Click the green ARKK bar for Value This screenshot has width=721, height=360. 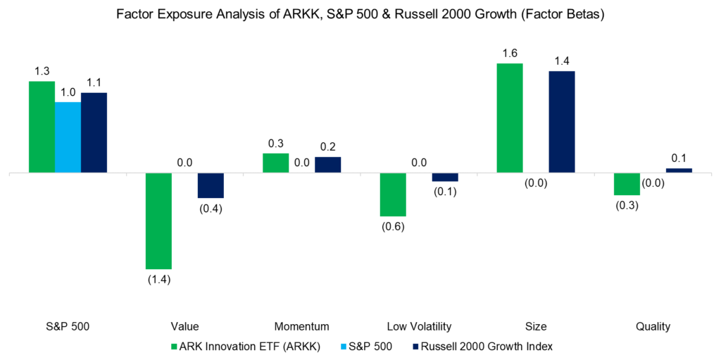158,221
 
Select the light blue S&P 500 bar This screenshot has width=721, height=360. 68,137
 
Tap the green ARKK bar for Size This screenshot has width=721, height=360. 510,118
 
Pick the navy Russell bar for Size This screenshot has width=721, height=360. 562,122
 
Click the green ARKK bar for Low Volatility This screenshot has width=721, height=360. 392,194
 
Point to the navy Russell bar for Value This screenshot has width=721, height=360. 211,185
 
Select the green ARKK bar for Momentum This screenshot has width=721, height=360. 275,163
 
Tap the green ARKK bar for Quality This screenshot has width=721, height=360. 627,184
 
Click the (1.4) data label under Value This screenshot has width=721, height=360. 158,280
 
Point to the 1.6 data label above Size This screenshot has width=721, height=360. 510,53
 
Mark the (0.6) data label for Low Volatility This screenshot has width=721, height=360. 392,226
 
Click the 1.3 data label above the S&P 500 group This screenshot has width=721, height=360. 42,70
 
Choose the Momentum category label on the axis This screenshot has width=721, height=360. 302,326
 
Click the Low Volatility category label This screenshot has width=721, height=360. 419,326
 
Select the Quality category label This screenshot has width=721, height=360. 653,326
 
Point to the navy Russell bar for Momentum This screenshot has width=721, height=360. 327,165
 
